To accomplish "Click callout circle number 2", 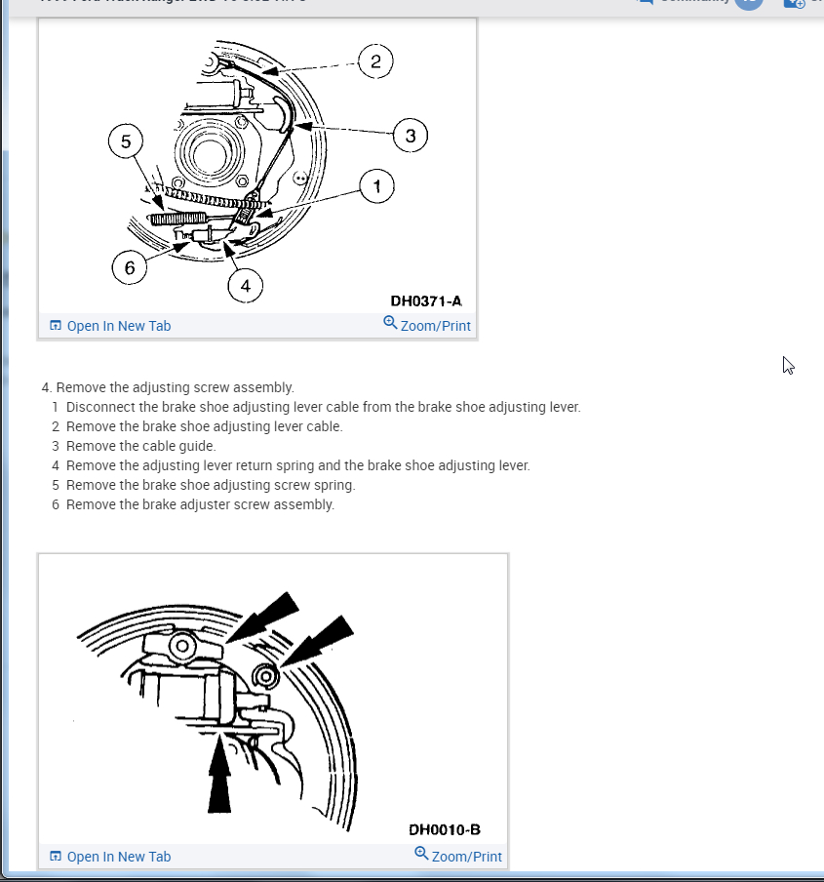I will click(374, 62).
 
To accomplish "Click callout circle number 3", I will click(410, 136).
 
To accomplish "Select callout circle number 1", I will click(376, 184).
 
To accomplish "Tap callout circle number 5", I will click(125, 141).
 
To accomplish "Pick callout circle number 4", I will click(245, 285).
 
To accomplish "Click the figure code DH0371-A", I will click(426, 301).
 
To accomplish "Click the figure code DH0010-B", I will click(445, 830).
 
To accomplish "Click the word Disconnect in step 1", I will click(99, 407).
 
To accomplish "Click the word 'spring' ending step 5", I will click(334, 485).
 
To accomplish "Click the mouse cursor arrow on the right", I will click(788, 365).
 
